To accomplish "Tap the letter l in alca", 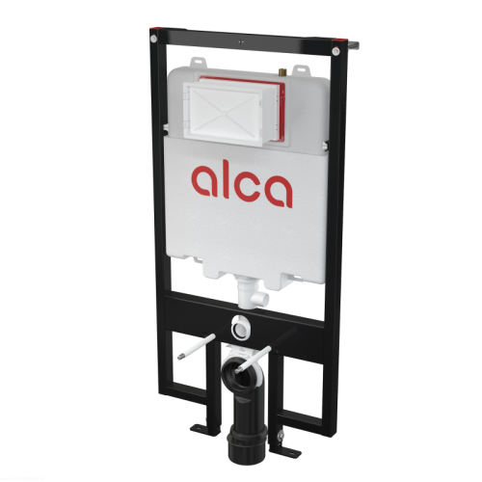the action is tap(226, 178).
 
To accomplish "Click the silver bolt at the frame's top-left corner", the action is tap(153, 40).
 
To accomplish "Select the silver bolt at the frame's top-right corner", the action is tap(335, 51).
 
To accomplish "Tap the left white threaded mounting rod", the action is tap(197, 347).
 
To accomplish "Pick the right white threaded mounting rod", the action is tap(253, 360).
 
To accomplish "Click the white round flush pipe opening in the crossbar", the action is tap(241, 328).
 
